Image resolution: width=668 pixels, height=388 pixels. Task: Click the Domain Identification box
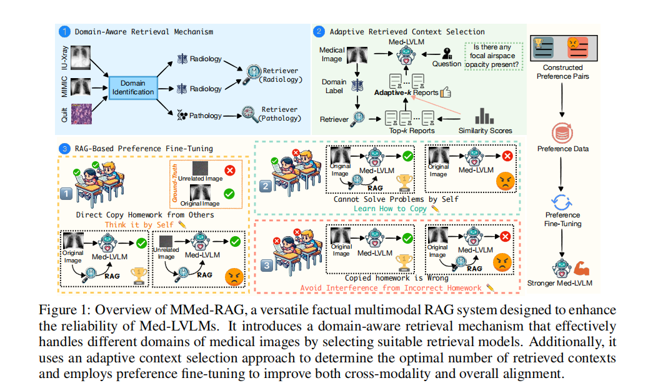click(134, 88)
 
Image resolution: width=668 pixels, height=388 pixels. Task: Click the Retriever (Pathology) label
click(279, 114)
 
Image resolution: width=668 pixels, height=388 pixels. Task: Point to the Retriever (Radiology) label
click(280, 75)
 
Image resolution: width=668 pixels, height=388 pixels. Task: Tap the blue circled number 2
click(319, 31)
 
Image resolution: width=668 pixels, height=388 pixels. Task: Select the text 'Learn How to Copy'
click(396, 208)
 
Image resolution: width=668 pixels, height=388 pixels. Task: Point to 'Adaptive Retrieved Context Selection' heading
click(407, 31)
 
